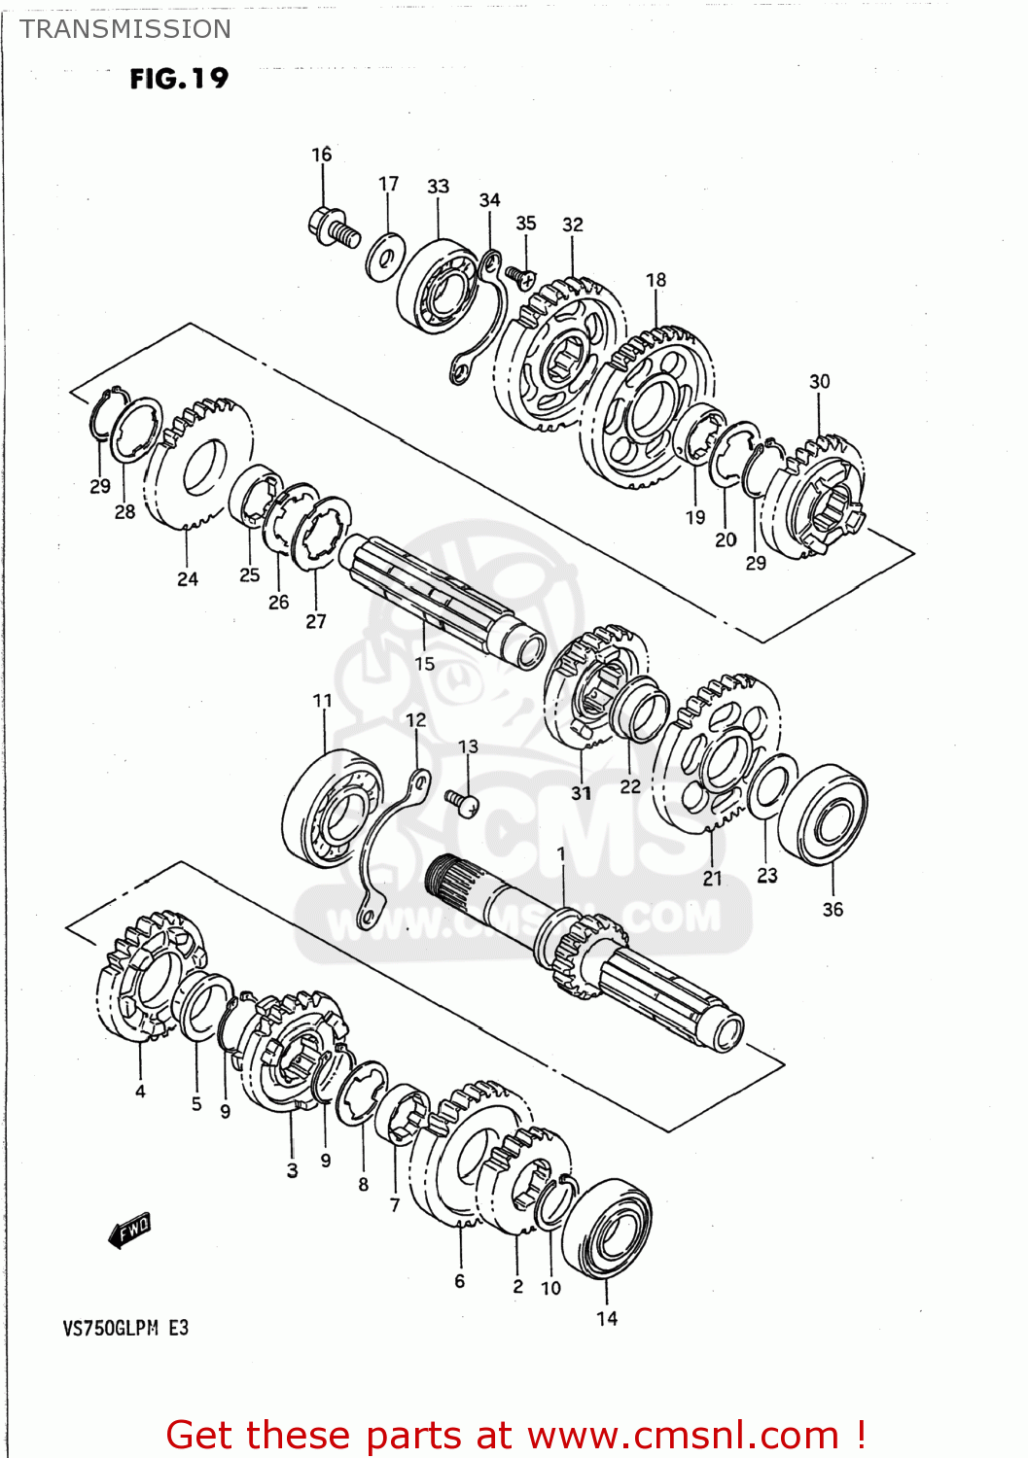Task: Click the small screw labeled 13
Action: tap(463, 803)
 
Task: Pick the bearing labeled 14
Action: tap(608, 1230)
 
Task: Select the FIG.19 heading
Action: tap(179, 79)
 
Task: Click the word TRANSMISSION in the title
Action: tap(125, 29)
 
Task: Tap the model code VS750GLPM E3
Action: tap(125, 1328)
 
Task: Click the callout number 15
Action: tap(425, 664)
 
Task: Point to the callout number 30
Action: tap(820, 382)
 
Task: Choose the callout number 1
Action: tap(561, 853)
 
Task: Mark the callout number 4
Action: tap(140, 1092)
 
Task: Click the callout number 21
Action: tap(713, 878)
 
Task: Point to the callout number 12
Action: tap(415, 720)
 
